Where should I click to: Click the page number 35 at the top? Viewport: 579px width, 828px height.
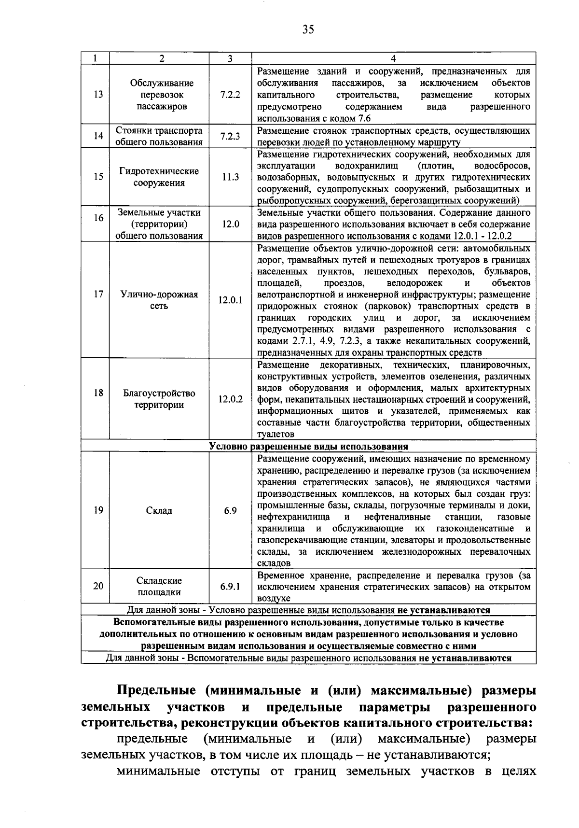[308, 30]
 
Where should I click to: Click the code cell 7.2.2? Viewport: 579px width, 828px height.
[230, 95]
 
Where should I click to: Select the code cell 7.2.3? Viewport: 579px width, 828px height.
[230, 137]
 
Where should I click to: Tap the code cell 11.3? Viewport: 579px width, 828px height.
[230, 177]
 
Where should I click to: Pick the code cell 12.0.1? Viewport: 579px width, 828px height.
[230, 300]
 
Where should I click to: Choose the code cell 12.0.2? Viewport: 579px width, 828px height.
[230, 399]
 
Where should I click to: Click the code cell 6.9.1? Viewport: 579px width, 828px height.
[230, 586]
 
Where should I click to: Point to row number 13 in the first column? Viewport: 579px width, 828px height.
[98, 95]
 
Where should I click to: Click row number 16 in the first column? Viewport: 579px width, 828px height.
[98, 218]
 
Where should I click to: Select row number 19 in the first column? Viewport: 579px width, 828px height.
[98, 510]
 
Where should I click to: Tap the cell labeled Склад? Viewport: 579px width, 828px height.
[159, 510]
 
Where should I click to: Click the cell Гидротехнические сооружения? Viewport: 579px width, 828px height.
[159, 177]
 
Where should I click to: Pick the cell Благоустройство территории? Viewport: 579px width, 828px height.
[159, 399]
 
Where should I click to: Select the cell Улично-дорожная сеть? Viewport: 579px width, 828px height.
[159, 300]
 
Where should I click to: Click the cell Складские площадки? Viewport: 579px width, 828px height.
[159, 586]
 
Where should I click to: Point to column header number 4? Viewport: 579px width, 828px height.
[393, 58]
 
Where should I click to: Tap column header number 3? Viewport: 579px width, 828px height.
[230, 58]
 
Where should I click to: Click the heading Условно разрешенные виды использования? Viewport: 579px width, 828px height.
[309, 446]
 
